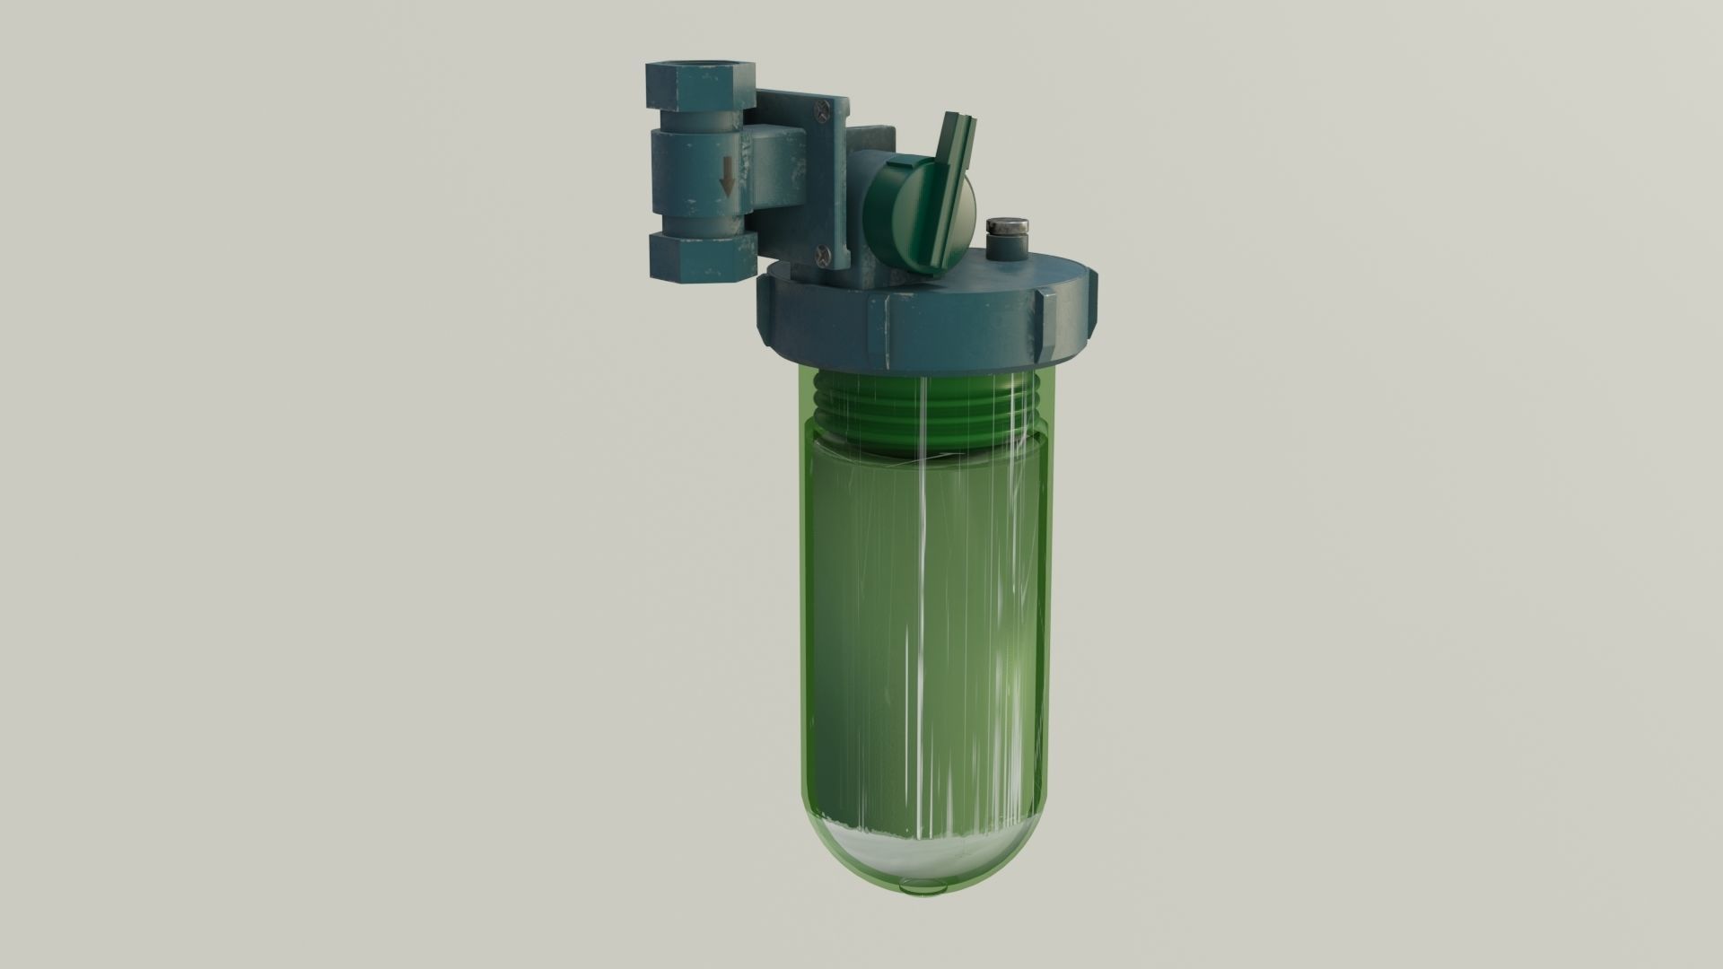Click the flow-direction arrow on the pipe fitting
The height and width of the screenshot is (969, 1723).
click(x=727, y=185)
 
